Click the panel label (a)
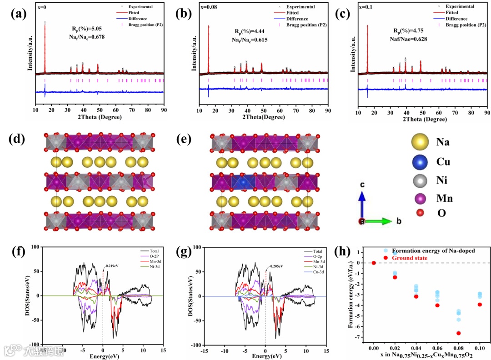click(x=19, y=14)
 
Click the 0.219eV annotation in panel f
click(x=112, y=265)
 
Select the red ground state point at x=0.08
click(x=446, y=333)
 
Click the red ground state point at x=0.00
click(x=374, y=263)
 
